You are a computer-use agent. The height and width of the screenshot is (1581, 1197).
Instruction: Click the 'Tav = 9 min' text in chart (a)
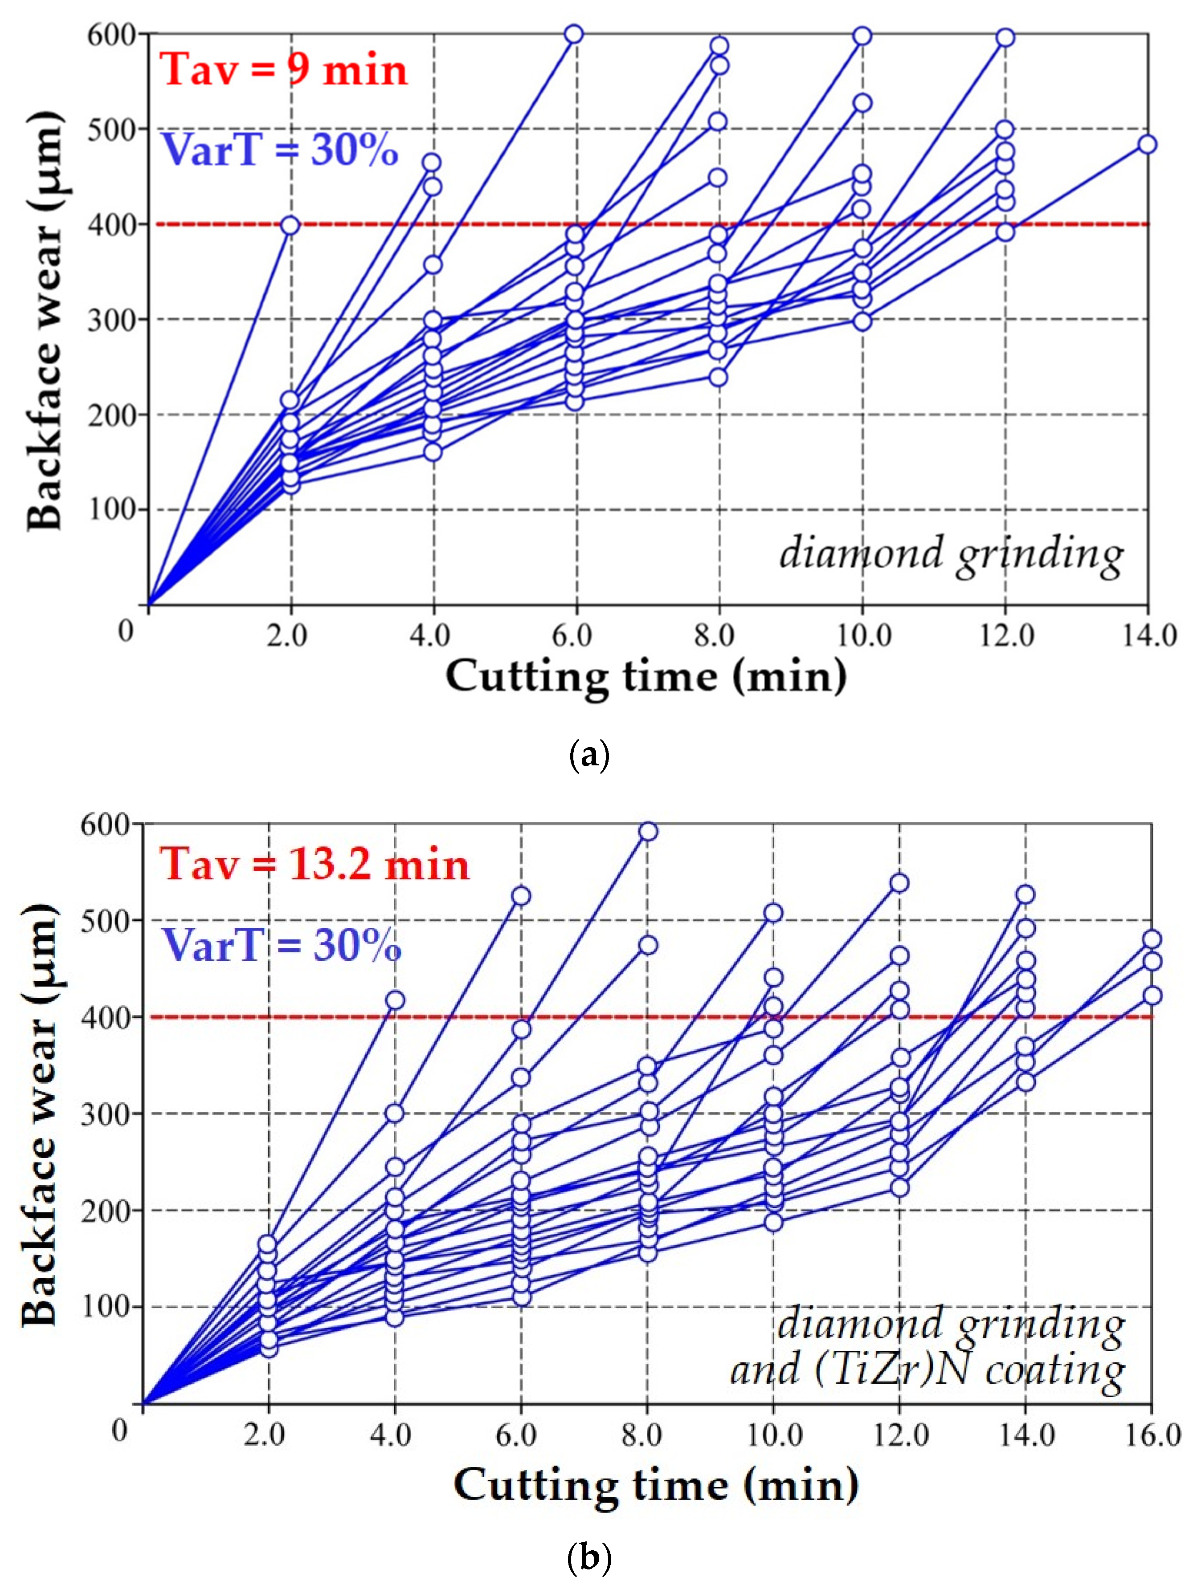[x=284, y=70]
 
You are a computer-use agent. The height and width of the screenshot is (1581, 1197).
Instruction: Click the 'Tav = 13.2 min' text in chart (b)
[x=314, y=864]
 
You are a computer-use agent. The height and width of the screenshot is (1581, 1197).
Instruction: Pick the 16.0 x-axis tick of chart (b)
[x=1152, y=1435]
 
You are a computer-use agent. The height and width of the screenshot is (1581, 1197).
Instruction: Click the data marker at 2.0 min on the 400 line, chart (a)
[x=290, y=226]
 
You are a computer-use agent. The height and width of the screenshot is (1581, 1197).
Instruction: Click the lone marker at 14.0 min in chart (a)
[x=1147, y=144]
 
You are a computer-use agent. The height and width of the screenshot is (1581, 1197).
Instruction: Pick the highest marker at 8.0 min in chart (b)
[x=648, y=831]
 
